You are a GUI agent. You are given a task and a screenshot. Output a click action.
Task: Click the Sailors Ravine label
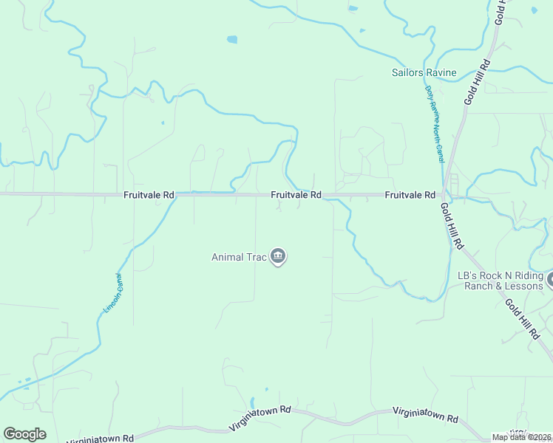(x=424, y=72)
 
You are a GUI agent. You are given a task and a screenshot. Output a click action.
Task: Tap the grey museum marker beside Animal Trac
(x=278, y=257)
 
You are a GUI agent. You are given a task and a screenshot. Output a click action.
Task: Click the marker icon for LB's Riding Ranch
(x=550, y=281)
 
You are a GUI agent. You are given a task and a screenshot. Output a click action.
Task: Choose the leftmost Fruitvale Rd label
(x=149, y=195)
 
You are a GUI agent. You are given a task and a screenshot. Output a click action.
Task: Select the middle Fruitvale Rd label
(x=296, y=195)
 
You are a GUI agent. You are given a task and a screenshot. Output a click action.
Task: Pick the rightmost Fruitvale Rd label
(x=410, y=195)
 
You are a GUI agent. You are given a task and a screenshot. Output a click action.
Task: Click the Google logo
(x=24, y=434)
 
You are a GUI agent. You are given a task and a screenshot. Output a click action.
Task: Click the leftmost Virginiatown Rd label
(x=101, y=439)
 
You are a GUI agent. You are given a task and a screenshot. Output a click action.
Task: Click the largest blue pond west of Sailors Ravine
(x=232, y=39)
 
